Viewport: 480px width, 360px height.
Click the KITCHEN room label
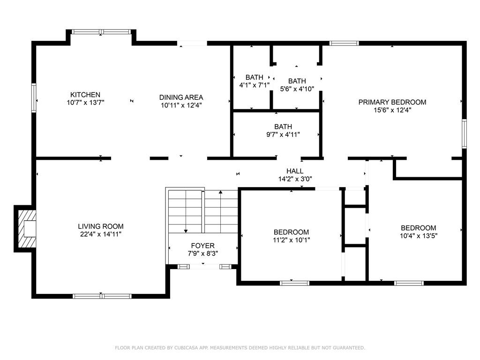point(85,95)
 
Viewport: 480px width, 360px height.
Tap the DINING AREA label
point(181,97)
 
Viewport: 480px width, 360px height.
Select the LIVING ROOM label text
point(101,226)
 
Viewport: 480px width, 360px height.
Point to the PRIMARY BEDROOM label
point(392,102)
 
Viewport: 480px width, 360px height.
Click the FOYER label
point(202,246)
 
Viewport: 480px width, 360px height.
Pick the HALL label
point(295,171)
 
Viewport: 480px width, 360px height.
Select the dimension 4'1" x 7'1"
point(255,85)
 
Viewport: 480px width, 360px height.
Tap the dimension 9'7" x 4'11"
point(283,135)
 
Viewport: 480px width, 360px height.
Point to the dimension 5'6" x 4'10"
point(297,89)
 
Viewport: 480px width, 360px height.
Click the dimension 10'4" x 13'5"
point(419,236)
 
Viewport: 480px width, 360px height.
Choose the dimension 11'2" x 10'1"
point(292,240)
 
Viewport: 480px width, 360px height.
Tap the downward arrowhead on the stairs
point(186,231)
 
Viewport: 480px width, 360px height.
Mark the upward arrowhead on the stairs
point(220,192)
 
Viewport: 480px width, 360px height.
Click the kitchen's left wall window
point(34,97)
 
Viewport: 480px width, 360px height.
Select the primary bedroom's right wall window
point(464,134)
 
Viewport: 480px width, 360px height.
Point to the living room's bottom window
point(102,296)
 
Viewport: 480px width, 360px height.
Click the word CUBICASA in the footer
point(186,348)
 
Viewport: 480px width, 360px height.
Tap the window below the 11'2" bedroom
point(294,283)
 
